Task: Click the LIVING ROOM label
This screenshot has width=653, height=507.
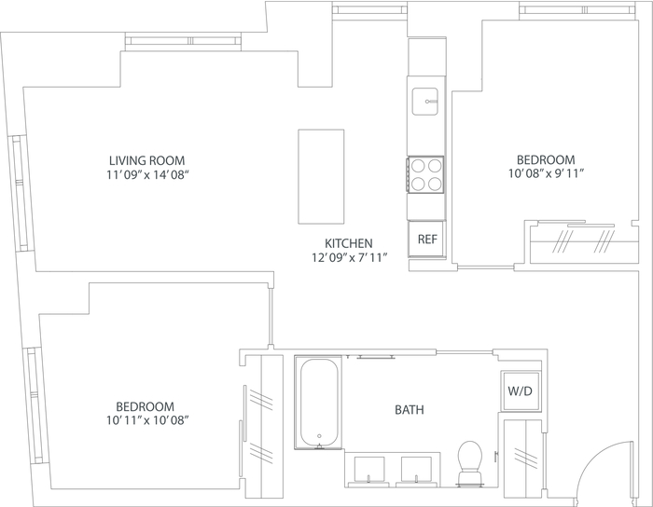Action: [147, 160]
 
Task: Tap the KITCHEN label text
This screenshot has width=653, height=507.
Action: [349, 243]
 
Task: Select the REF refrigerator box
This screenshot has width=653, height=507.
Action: [427, 240]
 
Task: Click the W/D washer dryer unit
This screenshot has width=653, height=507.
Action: [521, 391]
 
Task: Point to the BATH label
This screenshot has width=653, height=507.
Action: [410, 410]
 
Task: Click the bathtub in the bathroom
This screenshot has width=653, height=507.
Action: [319, 403]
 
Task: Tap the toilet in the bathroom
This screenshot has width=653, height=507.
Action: [470, 463]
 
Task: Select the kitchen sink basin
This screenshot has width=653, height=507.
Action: [424, 101]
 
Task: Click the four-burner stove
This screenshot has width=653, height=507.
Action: [425, 174]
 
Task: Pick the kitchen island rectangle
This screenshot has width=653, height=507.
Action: [321, 176]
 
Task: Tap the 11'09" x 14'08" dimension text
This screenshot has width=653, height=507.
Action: [147, 174]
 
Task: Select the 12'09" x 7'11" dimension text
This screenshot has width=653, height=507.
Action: [350, 258]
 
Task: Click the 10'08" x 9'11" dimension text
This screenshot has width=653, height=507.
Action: [546, 173]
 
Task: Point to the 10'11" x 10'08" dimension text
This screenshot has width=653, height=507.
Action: [147, 420]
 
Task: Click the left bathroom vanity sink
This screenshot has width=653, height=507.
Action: [369, 470]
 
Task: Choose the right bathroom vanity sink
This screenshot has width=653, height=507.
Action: [416, 470]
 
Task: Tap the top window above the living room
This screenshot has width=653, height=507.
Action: [183, 41]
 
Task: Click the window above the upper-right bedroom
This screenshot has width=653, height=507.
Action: [577, 9]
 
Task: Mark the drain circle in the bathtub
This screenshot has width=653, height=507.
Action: [319, 436]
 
